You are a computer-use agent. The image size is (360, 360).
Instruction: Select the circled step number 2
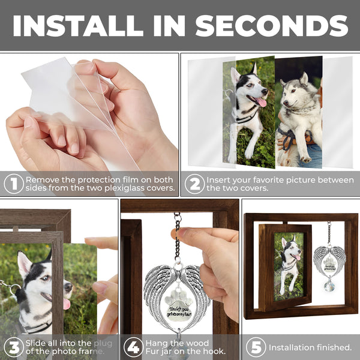(x=194, y=184)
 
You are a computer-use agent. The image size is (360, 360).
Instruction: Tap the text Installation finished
(x=310, y=347)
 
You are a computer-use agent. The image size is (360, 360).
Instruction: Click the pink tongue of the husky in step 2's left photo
(x=262, y=102)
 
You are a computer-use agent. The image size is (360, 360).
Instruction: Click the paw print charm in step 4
(x=175, y=300)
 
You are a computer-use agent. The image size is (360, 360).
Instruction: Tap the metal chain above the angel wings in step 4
(x=177, y=237)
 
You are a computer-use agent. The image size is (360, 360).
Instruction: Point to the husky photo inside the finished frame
(x=289, y=266)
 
